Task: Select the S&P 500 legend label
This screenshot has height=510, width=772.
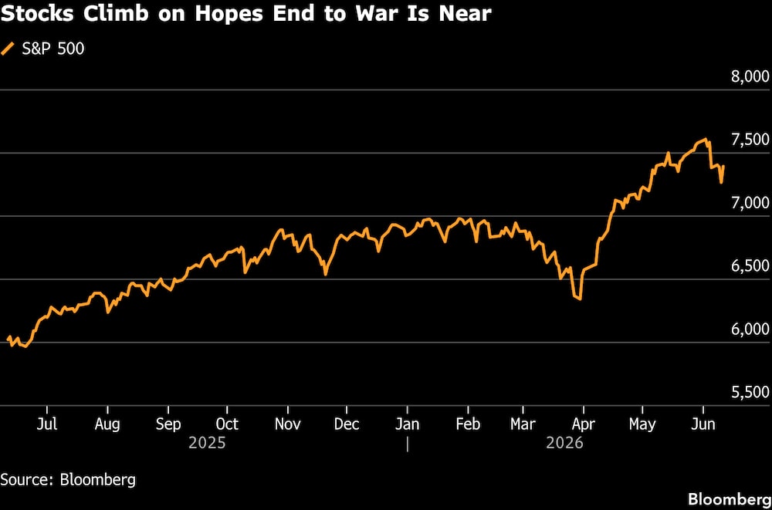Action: [x=53, y=49]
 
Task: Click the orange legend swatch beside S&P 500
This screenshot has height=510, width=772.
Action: [x=8, y=49]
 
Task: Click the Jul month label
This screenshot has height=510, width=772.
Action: [x=47, y=424]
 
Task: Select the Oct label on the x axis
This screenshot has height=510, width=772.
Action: [x=227, y=424]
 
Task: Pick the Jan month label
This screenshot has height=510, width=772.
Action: [x=408, y=424]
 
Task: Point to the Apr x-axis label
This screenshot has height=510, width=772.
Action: [x=583, y=424]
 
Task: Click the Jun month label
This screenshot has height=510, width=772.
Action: [x=703, y=424]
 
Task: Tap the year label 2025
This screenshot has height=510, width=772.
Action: [x=207, y=443]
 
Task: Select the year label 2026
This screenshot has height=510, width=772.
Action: [x=565, y=443]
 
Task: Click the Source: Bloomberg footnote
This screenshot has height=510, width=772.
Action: [x=68, y=480]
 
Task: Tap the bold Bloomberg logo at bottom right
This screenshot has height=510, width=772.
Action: [x=730, y=499]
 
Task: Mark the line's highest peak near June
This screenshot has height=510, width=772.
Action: [x=706, y=139]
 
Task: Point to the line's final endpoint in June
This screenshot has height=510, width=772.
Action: [x=723, y=167]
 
